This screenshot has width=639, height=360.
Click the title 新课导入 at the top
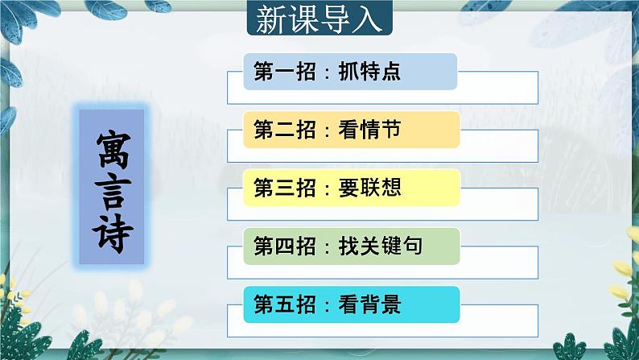(x=319, y=19)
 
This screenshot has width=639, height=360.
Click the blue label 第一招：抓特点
(x=350, y=72)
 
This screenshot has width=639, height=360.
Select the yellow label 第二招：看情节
(x=351, y=130)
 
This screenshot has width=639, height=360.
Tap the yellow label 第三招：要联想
(x=351, y=188)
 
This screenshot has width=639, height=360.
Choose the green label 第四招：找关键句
(x=351, y=247)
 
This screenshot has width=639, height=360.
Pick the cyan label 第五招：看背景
(x=351, y=306)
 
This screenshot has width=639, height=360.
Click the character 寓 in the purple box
(x=114, y=147)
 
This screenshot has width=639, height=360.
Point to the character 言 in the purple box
(x=114, y=188)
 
